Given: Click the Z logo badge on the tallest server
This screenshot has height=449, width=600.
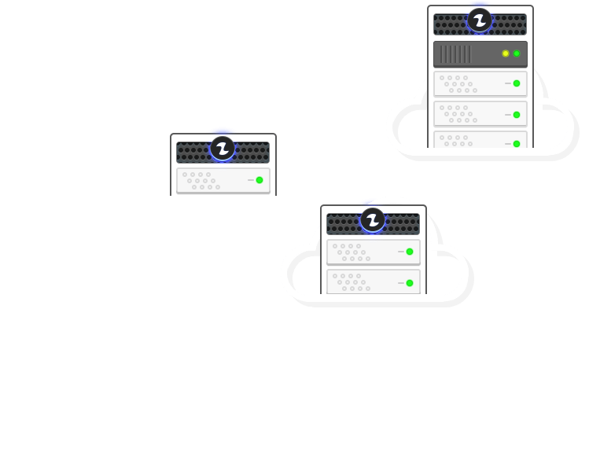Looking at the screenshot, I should tap(480, 20).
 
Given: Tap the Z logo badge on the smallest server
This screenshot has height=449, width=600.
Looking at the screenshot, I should tap(223, 148).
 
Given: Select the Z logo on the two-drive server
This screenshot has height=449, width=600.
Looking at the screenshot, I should tap(373, 219).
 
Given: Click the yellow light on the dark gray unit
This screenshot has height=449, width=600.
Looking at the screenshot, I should tap(506, 53).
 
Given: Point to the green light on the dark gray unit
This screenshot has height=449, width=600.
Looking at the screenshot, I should tap(517, 53).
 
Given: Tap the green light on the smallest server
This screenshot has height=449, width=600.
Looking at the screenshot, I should tap(260, 180).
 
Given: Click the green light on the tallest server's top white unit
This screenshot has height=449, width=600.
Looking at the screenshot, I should tap(517, 83).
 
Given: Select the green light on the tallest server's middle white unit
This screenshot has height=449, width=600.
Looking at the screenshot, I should tap(517, 115).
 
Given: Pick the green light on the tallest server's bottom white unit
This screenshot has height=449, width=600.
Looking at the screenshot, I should tap(517, 143).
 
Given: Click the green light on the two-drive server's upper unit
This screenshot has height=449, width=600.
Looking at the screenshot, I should tap(410, 252).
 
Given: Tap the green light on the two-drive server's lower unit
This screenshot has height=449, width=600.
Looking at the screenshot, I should tap(410, 283).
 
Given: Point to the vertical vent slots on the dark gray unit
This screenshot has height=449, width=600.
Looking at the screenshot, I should tap(455, 54).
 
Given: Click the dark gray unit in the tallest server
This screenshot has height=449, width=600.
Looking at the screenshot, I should tap(480, 54).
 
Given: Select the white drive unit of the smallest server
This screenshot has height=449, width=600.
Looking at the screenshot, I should tap(223, 180).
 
